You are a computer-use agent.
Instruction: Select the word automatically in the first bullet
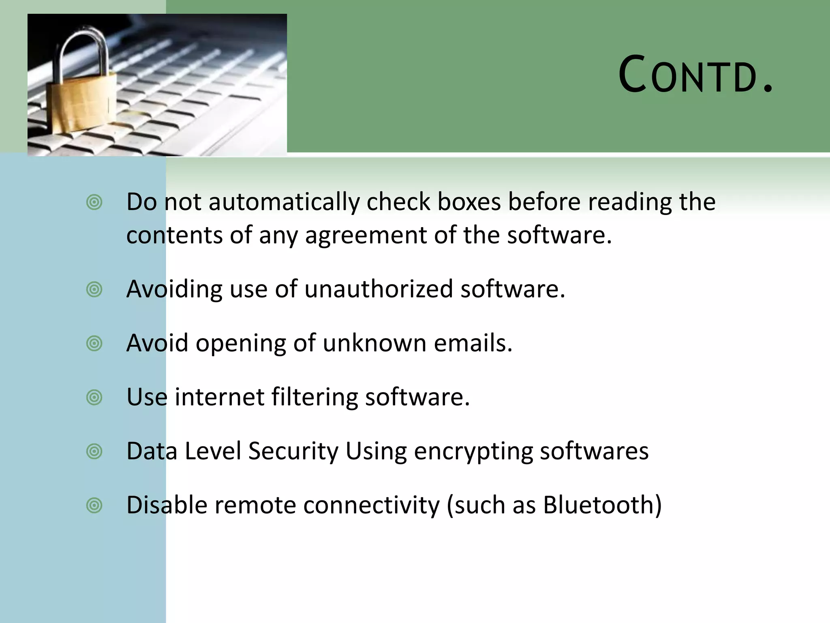(x=284, y=202)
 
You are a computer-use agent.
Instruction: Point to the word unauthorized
(x=379, y=289)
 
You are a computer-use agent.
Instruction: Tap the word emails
(x=473, y=343)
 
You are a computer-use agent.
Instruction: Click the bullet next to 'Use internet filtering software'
(x=94, y=397)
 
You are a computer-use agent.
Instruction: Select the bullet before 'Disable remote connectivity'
(x=94, y=505)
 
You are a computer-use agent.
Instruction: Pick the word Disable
(x=167, y=505)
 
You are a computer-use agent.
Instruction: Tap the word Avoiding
(x=174, y=289)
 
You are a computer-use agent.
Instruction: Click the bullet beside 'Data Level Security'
(x=94, y=451)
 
